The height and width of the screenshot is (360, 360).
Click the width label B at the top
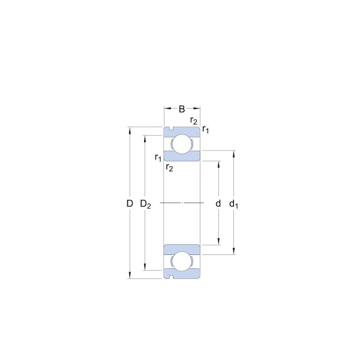click(x=182, y=109)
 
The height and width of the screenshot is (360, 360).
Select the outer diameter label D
click(x=130, y=203)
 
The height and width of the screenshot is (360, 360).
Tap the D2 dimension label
click(x=146, y=204)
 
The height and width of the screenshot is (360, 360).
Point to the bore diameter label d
click(x=218, y=203)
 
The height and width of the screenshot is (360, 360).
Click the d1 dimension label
click(x=234, y=204)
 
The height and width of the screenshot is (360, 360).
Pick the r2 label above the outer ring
click(x=194, y=121)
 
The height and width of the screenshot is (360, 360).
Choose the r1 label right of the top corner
click(x=205, y=130)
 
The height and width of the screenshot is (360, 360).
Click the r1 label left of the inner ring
click(x=158, y=158)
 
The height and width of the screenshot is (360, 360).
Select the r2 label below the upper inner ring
click(x=169, y=167)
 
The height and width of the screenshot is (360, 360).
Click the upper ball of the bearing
click(x=182, y=144)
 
